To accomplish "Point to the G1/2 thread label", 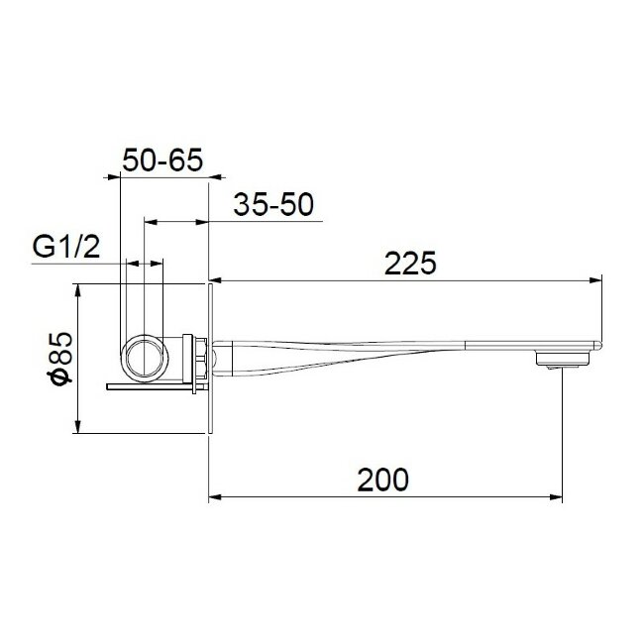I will coord(69,247).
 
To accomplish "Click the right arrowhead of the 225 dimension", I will coord(598,281).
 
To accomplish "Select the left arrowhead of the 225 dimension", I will coord(215,281).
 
